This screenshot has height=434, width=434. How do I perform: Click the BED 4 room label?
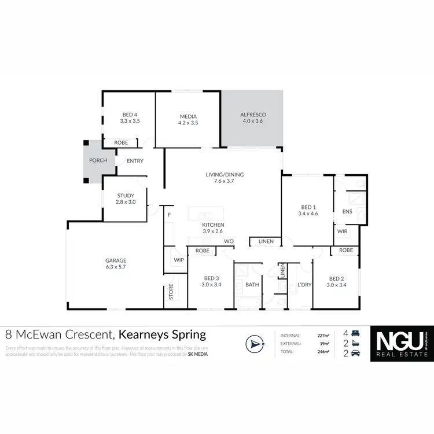click(130, 115)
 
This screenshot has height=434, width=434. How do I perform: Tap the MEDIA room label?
click(188, 116)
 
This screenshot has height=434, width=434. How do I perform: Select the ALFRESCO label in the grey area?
click(252, 115)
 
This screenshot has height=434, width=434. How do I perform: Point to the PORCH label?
click(98, 160)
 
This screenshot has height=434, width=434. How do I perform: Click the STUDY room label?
click(126, 196)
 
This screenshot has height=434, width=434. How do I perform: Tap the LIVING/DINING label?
click(225, 174)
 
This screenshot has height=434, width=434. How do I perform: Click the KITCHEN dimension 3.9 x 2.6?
click(213, 231)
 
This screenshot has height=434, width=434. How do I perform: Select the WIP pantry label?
click(179, 260)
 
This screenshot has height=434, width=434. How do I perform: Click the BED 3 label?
click(211, 278)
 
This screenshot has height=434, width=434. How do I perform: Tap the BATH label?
click(252, 285)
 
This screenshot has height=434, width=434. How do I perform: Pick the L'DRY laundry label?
click(304, 285)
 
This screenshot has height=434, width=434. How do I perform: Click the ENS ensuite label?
click(347, 212)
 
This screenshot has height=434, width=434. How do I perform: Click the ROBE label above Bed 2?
click(346, 251)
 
